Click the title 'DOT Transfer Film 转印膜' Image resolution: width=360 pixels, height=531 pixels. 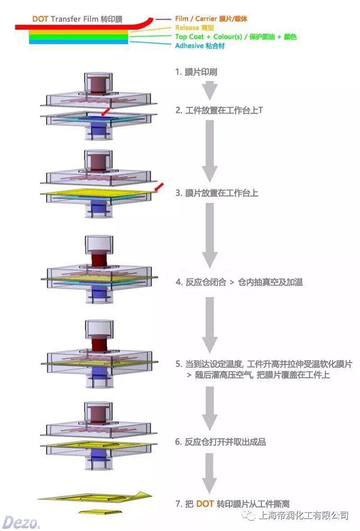click(x=77, y=19)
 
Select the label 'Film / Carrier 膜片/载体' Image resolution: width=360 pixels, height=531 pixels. click(x=211, y=19)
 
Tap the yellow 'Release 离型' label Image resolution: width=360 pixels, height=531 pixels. click(x=194, y=28)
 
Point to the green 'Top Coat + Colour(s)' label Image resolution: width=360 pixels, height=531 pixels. click(x=236, y=37)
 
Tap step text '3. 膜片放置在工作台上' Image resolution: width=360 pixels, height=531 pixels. click(x=217, y=193)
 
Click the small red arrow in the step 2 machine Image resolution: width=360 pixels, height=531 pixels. click(x=106, y=112)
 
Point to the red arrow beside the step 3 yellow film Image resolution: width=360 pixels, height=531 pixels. click(x=158, y=187)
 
